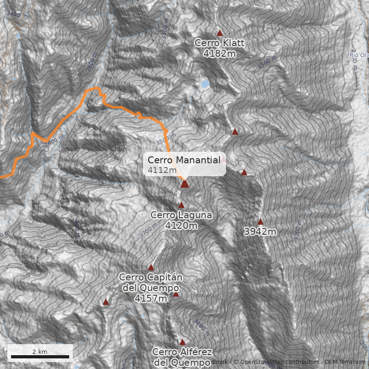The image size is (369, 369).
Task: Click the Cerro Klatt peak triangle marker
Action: pyautogui.click(x=220, y=33)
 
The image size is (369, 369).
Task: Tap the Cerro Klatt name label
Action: pyautogui.click(x=219, y=43)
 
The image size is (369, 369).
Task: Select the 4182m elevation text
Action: pyautogui.click(x=220, y=54)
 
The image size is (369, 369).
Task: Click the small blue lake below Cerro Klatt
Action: pyautogui.click(x=204, y=84)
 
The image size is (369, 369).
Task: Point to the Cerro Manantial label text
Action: pyautogui.click(x=184, y=160)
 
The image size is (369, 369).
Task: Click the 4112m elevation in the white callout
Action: pyautogui.click(x=162, y=170)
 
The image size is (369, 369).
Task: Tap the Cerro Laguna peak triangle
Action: pyautogui.click(x=181, y=205)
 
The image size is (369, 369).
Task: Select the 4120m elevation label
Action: pyautogui.click(x=181, y=226)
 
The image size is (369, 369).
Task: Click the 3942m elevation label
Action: pyautogui.click(x=260, y=232)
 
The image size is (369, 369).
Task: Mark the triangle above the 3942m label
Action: pyautogui.click(x=260, y=221)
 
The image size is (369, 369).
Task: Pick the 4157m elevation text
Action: pyautogui.click(x=151, y=298)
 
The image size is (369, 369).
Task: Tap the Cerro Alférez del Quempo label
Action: pyautogui.click(x=182, y=357)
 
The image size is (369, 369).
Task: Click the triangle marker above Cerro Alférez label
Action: pyautogui.click(x=182, y=342)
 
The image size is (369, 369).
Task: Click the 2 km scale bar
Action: pyautogui.click(x=40, y=357)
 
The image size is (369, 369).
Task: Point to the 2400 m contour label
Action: pyautogui.click(x=53, y=141)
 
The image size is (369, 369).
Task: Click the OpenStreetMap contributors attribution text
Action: pyautogui.click(x=277, y=362)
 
